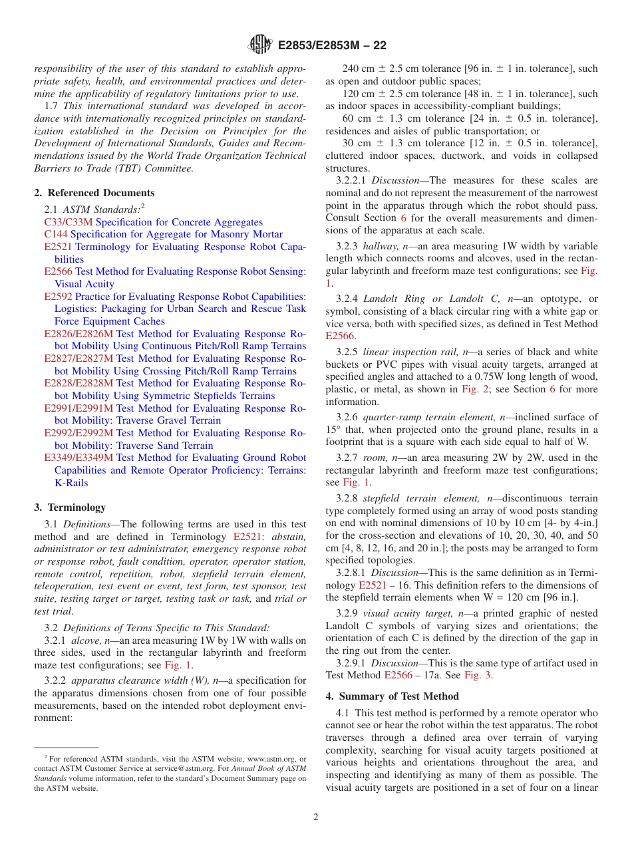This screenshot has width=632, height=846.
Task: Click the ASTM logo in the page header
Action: (260, 45)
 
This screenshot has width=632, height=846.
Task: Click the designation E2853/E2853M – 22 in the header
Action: (331, 45)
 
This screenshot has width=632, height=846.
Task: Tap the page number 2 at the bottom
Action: (316, 817)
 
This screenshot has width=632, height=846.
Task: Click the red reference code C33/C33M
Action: (69, 222)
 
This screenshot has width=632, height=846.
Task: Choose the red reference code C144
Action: (56, 234)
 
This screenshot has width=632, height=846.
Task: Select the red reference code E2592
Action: (59, 297)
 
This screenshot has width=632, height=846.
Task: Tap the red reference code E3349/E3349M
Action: (79, 458)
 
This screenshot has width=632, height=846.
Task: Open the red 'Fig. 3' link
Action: (478, 675)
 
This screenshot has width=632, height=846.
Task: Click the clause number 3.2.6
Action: (347, 417)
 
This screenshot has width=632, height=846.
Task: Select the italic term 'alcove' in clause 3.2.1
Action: (87, 640)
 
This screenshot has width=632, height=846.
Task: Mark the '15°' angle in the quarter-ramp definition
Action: (333, 430)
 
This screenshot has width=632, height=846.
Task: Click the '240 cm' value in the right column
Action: (359, 69)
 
